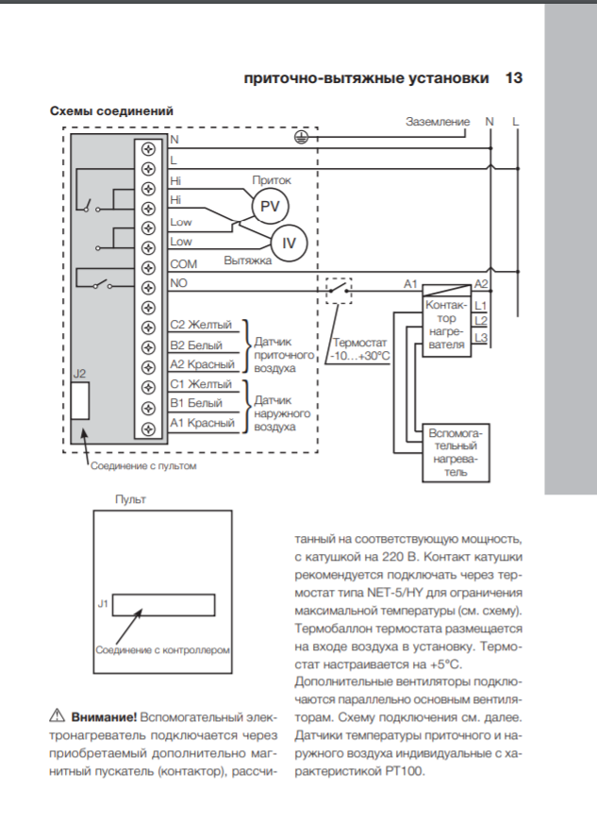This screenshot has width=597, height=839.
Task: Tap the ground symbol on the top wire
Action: pos(302,138)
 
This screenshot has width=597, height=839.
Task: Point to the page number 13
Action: pos(514,78)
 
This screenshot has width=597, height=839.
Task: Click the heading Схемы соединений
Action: pos(112,110)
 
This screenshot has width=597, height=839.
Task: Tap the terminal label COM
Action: pos(184,264)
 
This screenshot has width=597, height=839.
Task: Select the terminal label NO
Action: pos(178,283)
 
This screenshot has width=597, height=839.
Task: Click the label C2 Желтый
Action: pos(201,325)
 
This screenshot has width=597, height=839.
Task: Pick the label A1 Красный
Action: pos(202,423)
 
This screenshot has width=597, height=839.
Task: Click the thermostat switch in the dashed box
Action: pos(339,291)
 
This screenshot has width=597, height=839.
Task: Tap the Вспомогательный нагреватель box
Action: pos(456,453)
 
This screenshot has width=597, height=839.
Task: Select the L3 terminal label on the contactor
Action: pos(481,338)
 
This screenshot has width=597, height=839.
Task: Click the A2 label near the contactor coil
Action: pos(481,284)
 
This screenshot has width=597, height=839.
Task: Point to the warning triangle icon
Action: pos(57,715)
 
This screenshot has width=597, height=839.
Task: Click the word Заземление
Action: pos(438,122)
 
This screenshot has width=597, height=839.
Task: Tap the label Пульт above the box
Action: pos(130,499)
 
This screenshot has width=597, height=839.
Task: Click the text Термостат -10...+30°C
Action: pos(360,349)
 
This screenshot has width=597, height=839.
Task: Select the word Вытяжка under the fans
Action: pos(248,260)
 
